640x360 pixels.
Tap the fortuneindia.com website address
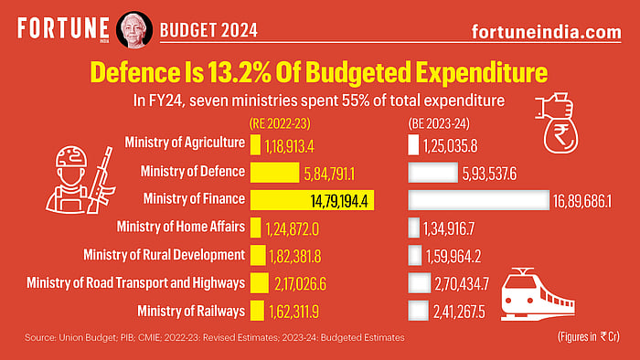(545, 31)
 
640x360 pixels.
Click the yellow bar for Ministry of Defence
(274, 172)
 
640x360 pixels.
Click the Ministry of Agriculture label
(184, 143)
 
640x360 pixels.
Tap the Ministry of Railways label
(190, 311)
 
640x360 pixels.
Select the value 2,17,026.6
(305, 283)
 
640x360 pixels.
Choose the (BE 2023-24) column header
(440, 122)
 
